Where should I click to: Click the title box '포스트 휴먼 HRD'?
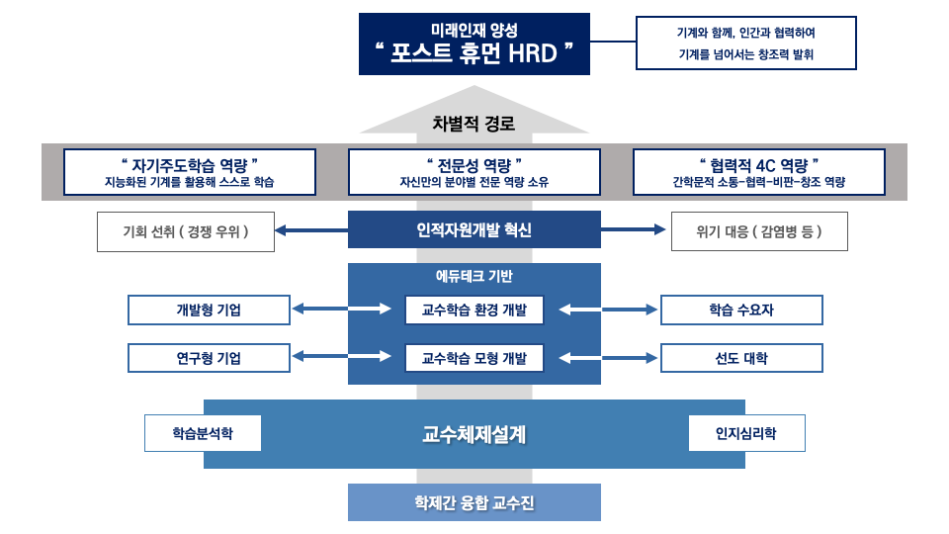[474, 44]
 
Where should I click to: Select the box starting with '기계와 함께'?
[746, 44]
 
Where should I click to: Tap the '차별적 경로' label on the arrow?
[474, 125]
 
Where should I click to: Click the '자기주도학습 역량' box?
[190, 171]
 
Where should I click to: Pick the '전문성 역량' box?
[474, 171]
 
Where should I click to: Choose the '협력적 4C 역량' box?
[759, 171]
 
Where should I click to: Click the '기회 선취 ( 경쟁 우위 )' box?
[186, 231]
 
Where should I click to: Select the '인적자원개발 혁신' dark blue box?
[474, 230]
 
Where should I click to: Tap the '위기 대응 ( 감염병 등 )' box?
[759, 231]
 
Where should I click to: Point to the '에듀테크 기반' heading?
[474, 277]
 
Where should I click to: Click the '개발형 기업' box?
[209, 311]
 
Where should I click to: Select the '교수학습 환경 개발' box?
[474, 311]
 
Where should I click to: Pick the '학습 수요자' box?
[741, 311]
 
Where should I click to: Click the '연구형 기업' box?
[209, 358]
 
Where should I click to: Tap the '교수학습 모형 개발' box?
[474, 358]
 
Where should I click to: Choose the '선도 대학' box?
[741, 358]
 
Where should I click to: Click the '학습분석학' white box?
[203, 433]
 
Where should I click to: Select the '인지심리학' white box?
[747, 433]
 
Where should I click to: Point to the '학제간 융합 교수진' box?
[474, 502]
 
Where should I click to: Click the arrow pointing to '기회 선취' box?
[311, 230]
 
